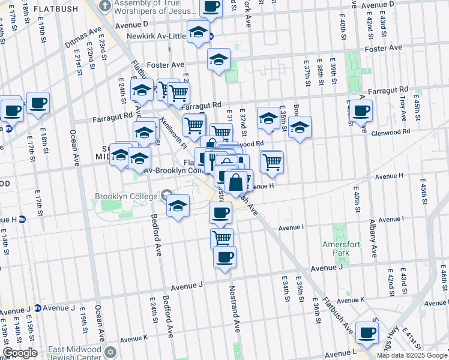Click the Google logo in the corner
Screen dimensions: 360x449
(x=19, y=353)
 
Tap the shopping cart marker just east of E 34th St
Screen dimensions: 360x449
(x=272, y=161)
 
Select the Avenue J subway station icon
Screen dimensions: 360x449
(x=37, y=308)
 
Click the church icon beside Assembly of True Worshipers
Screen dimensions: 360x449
(x=105, y=7)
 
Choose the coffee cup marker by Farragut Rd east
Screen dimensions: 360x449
(x=361, y=110)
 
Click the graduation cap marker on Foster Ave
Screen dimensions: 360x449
(x=219, y=59)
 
